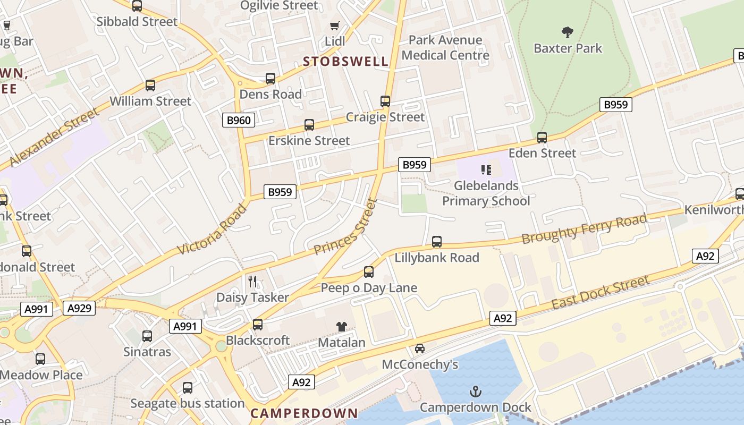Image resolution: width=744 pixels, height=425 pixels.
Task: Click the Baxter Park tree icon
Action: pos(568,32)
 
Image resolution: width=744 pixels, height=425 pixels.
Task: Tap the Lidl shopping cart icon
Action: pos(334,25)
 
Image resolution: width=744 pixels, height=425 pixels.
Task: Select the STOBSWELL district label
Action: pos(345,61)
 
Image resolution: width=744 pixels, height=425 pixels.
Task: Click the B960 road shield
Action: pos(239,120)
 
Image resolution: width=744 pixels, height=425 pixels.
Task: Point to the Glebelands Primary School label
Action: pos(486,193)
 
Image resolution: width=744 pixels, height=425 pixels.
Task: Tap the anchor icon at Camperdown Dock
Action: pos(475,392)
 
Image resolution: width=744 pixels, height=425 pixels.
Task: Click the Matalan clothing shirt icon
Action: pos(341,327)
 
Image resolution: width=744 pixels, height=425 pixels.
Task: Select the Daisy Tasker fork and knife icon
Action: pos(252,281)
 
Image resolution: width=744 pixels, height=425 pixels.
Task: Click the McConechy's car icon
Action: pos(420,348)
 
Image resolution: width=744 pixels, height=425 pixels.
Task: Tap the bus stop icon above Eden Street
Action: pos(542,138)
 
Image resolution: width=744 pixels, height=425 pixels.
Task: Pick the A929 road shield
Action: pos(79,308)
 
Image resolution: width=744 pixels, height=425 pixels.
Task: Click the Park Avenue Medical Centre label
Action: pos(445,47)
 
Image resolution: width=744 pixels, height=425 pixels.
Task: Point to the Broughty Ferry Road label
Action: pos(584,228)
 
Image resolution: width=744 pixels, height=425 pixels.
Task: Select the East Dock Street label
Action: pos(601,292)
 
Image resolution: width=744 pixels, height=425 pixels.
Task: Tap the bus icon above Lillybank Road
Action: pos(437,242)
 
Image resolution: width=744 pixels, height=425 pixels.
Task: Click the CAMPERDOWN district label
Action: pos(304,413)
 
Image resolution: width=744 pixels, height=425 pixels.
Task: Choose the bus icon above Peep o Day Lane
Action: pos(369,272)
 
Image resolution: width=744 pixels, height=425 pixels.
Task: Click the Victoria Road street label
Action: pos(212,229)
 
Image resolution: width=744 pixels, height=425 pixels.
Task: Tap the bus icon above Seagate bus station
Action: pos(188,388)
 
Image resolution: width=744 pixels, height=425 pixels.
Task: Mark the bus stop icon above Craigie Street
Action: pos(385,101)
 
